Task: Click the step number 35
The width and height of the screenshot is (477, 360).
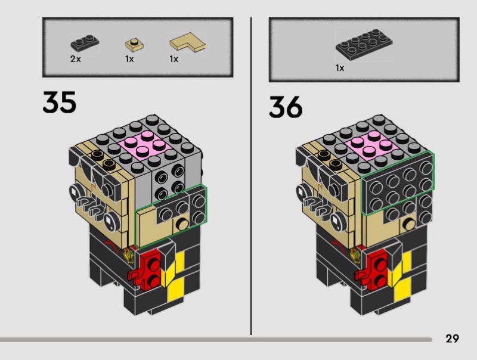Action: click(59, 102)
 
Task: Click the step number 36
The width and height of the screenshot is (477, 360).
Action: click(286, 107)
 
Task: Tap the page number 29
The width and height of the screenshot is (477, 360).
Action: click(452, 339)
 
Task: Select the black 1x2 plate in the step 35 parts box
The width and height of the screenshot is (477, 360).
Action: click(85, 43)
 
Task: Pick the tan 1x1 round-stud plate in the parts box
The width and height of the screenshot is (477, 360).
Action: click(134, 45)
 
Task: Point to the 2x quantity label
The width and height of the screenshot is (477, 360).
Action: click(76, 58)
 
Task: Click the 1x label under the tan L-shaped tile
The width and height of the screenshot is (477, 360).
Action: click(174, 58)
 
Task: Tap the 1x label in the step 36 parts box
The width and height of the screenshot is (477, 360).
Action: click(340, 68)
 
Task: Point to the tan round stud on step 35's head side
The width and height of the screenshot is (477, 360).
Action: click(182, 224)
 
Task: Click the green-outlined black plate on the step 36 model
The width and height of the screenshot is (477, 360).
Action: click(398, 182)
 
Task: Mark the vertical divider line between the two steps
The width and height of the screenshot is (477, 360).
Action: click(251, 176)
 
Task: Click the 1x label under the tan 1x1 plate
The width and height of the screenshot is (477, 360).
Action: click(129, 58)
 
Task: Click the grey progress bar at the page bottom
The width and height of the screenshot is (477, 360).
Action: click(216, 340)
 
